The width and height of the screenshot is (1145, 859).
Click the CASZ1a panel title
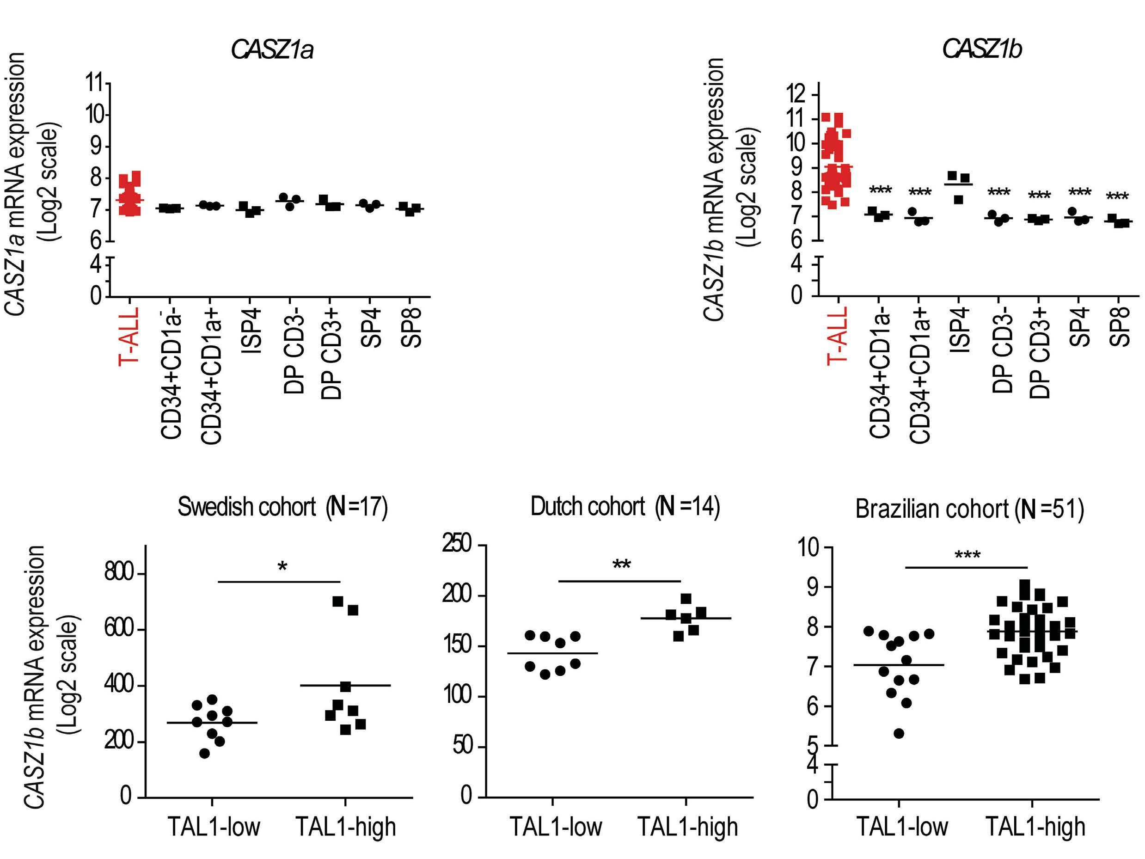click(x=272, y=50)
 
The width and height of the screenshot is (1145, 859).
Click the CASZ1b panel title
click(x=981, y=50)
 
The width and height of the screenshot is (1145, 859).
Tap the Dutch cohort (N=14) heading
click(x=625, y=506)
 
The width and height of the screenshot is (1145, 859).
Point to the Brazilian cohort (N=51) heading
click(x=969, y=509)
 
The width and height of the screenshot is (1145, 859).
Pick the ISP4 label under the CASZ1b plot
click(x=959, y=331)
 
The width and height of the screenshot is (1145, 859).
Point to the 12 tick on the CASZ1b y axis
click(x=796, y=94)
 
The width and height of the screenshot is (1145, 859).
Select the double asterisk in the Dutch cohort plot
click(x=621, y=564)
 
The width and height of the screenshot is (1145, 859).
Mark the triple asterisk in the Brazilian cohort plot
click(x=967, y=555)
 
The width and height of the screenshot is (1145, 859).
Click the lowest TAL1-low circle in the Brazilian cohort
click(x=899, y=733)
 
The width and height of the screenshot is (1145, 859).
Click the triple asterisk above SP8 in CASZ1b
click(x=1117, y=197)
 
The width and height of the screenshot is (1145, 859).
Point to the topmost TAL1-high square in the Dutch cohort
click(x=686, y=599)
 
